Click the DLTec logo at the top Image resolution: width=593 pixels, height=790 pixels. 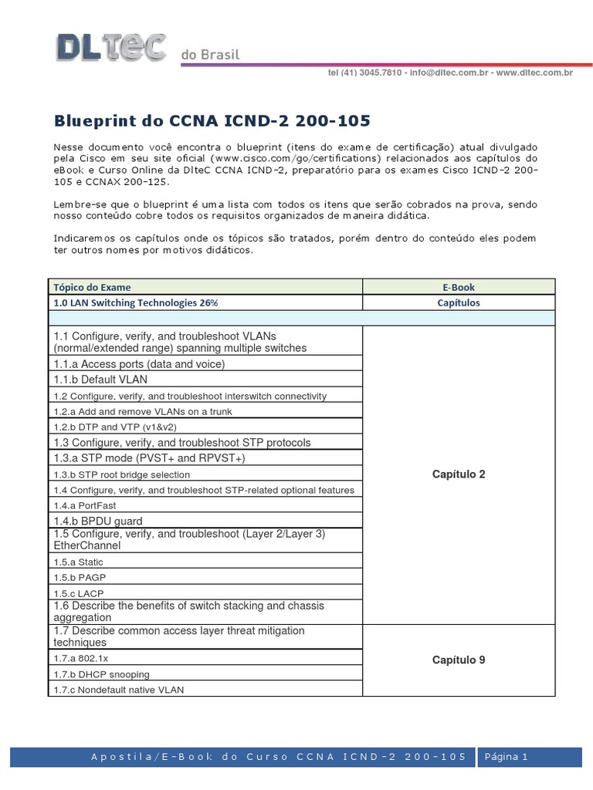(x=110, y=47)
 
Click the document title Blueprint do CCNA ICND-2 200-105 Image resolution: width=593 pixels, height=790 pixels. (x=212, y=120)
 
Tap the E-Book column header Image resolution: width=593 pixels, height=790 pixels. (x=459, y=287)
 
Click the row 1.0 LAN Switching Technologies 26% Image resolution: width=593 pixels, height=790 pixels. (x=136, y=302)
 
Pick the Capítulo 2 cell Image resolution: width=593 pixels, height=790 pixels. (x=459, y=474)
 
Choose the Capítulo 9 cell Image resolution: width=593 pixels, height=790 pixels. (x=459, y=660)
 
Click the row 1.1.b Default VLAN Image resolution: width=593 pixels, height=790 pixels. (x=100, y=380)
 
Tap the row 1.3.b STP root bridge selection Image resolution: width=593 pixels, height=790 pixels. (x=122, y=474)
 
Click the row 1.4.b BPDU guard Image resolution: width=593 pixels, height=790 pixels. (x=98, y=521)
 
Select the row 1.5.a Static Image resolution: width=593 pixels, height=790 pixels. (x=78, y=562)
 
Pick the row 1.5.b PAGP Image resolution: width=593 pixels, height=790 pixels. (x=78, y=578)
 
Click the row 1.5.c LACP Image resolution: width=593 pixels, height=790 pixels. (x=79, y=593)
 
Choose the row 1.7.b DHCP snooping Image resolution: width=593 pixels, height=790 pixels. (x=102, y=674)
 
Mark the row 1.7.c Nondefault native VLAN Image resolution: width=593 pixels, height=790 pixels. (x=119, y=690)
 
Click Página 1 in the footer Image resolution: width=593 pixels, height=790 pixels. (x=506, y=757)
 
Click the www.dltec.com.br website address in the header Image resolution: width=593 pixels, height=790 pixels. (x=534, y=73)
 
